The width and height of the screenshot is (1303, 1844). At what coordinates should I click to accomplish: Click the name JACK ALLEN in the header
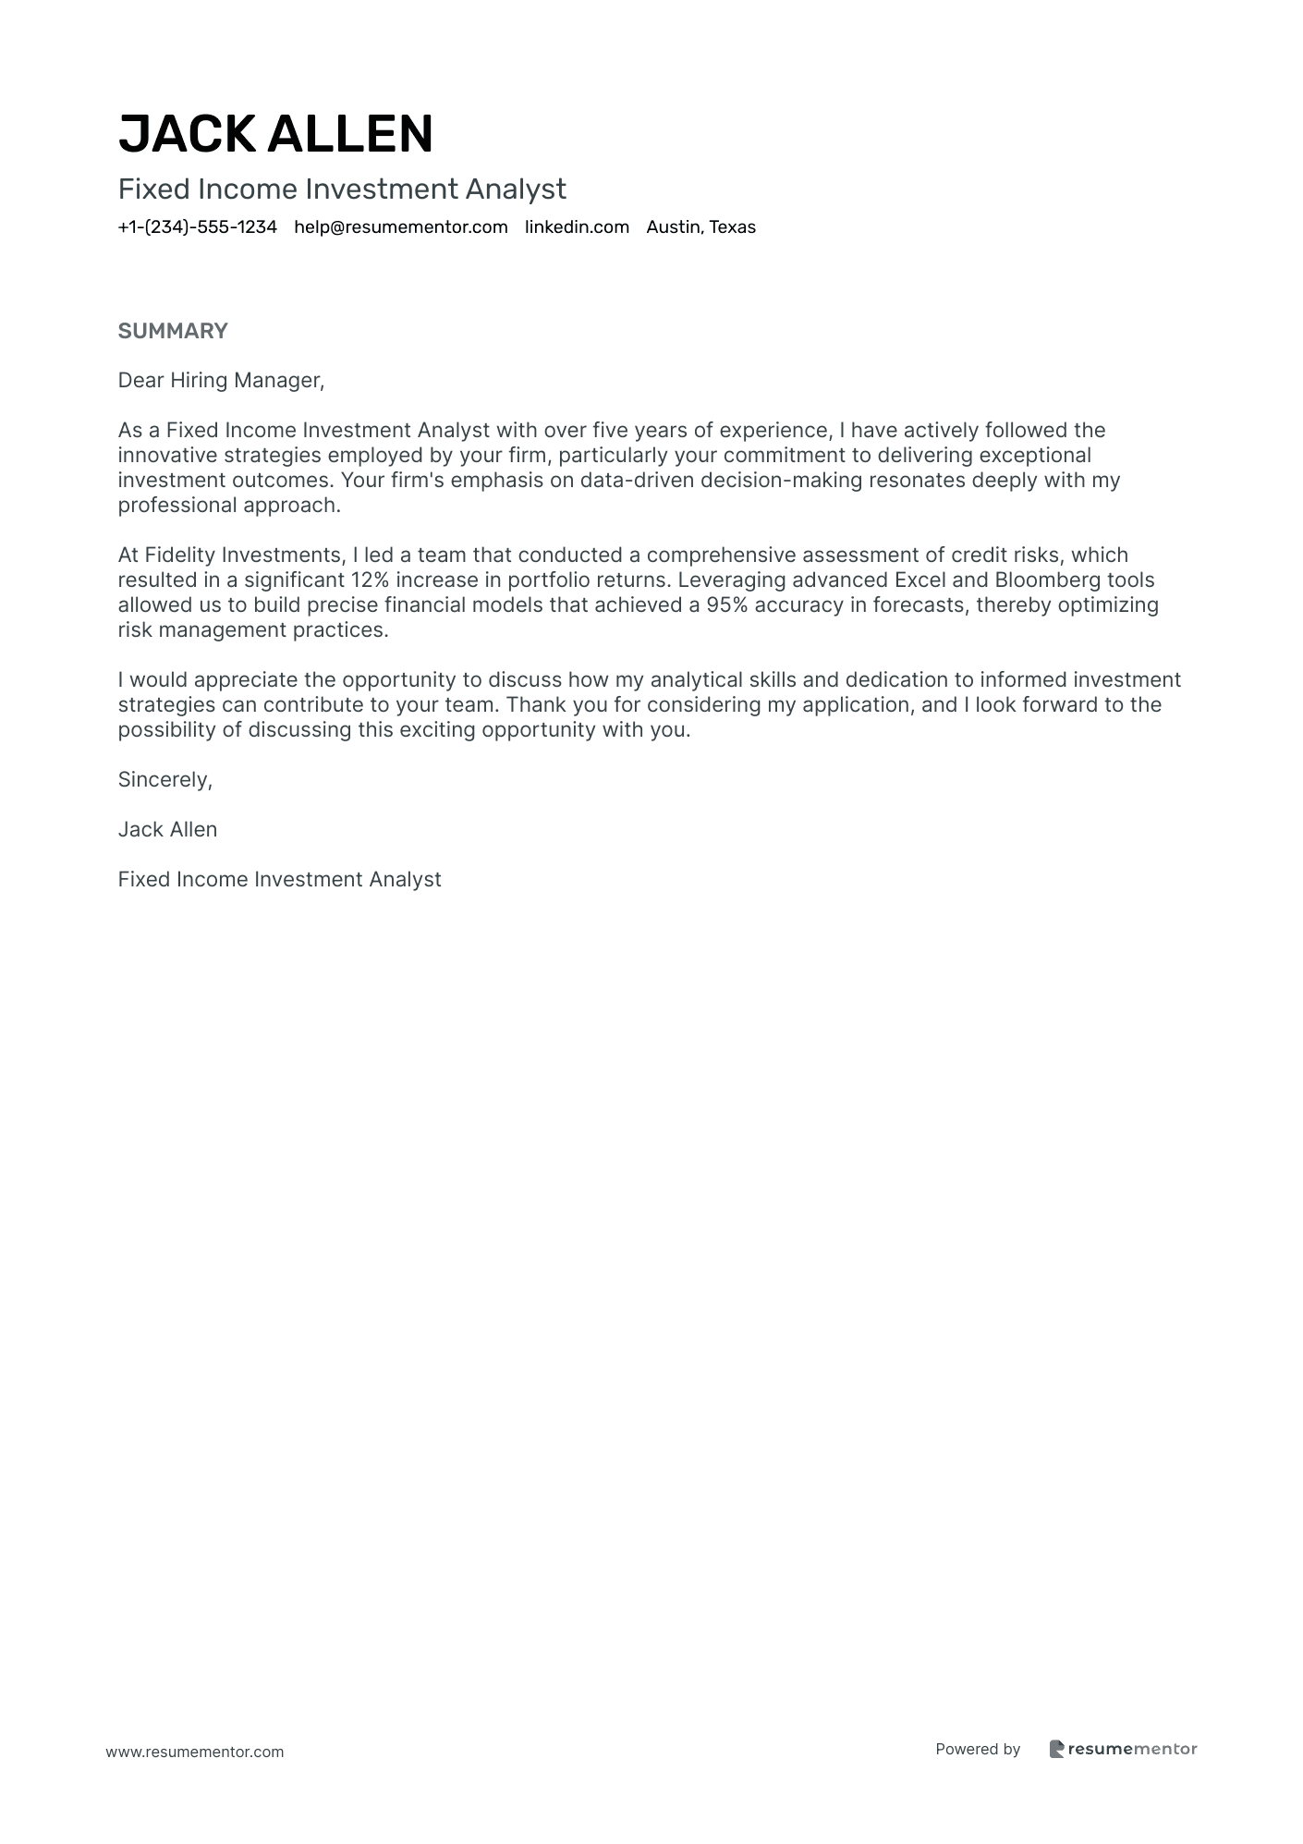pos(275,133)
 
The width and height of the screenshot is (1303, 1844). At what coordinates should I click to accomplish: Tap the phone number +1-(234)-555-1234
pos(197,227)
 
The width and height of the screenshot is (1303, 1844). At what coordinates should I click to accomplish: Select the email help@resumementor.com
pos(400,227)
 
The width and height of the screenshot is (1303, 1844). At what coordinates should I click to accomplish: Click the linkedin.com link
pos(577,227)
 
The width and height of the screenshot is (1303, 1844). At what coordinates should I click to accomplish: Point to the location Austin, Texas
pos(700,227)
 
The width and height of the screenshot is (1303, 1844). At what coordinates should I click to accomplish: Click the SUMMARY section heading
pos(173,331)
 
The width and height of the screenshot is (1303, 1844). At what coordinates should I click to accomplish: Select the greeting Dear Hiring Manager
pos(221,380)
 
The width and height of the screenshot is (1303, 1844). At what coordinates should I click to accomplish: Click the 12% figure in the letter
pos(370,580)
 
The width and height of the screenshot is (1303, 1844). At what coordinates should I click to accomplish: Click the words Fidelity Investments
pos(243,556)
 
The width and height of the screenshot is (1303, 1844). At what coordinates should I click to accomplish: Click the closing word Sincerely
pos(164,780)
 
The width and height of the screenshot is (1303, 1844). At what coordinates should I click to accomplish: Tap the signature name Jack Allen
pos(167,830)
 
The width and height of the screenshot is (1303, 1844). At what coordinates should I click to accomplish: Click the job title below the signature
pos(279,880)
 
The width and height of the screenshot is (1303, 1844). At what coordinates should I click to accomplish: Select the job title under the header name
pos(342,189)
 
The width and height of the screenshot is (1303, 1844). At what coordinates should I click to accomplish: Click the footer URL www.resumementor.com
pos(195,1752)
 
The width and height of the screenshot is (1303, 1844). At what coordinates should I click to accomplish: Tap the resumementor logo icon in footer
pos(1057,1749)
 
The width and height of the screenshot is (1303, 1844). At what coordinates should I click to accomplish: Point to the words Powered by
pos(978,1749)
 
